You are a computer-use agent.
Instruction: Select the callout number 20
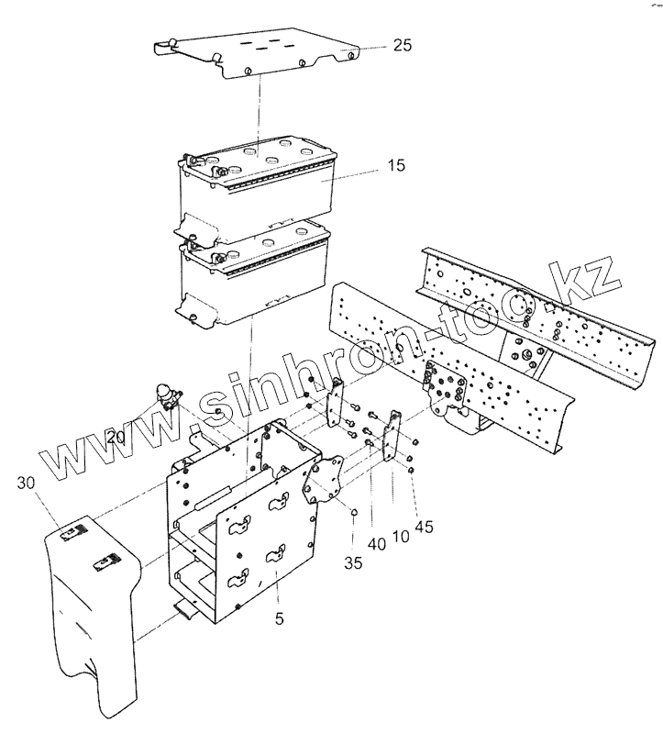click(x=116, y=438)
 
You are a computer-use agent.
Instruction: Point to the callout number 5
click(x=280, y=619)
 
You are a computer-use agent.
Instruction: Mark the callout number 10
click(x=400, y=536)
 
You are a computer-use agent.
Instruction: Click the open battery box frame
click(x=243, y=514)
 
